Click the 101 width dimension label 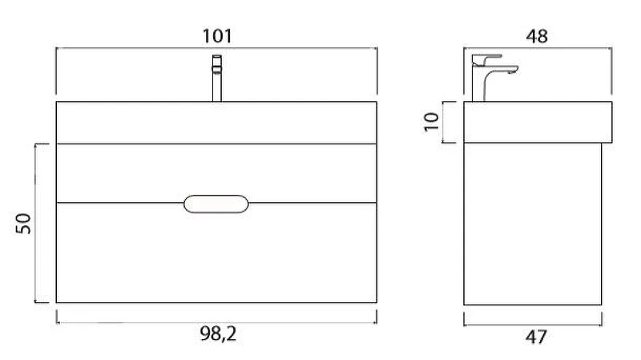(x=217, y=36)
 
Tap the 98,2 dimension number (x=218, y=334)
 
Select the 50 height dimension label (x=24, y=224)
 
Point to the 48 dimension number (x=537, y=36)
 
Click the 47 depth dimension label (x=536, y=337)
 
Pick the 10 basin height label (x=431, y=122)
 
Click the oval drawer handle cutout (x=216, y=204)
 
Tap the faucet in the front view (x=217, y=78)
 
